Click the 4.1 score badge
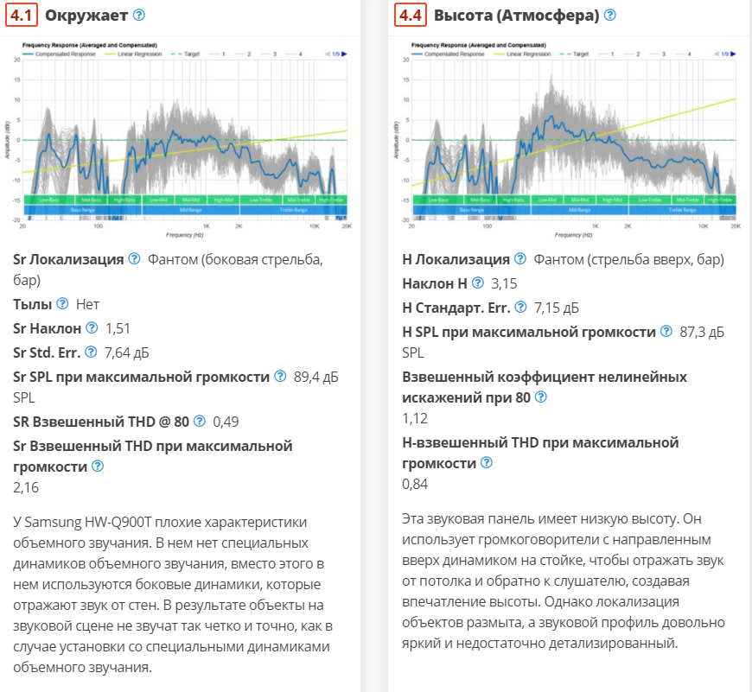pyautogui.click(x=23, y=16)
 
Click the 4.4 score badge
pyautogui.click(x=411, y=16)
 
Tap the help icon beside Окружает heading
pyautogui.click(x=139, y=16)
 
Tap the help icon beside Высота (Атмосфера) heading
pyautogui.click(x=610, y=16)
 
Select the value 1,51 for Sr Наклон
pyautogui.click(x=118, y=328)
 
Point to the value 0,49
pyautogui.click(x=226, y=422)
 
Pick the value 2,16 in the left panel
pyautogui.click(x=26, y=487)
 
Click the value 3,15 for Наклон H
pyautogui.click(x=504, y=283)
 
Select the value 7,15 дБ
pyautogui.click(x=557, y=307)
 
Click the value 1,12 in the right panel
pyautogui.click(x=416, y=418)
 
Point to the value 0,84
pyautogui.click(x=416, y=484)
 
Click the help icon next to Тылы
pyautogui.click(x=62, y=304)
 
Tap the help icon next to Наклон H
pyautogui.click(x=477, y=283)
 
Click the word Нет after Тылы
pyautogui.click(x=87, y=304)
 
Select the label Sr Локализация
pyautogui.click(x=68, y=259)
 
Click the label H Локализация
pyautogui.click(x=456, y=259)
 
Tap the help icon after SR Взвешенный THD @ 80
pyautogui.click(x=200, y=422)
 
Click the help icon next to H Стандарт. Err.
pyautogui.click(x=521, y=307)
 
